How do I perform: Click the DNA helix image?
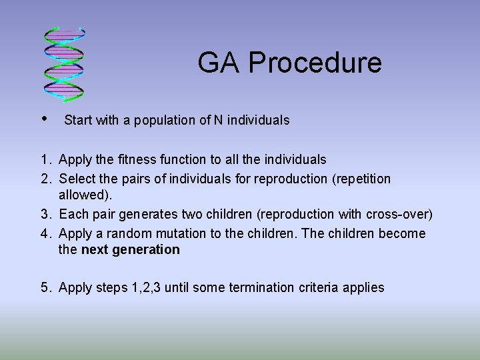point(64,65)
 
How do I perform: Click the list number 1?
point(44,160)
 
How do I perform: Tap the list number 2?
point(44,179)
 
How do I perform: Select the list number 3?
point(44,214)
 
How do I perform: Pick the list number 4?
point(44,233)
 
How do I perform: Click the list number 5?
point(44,288)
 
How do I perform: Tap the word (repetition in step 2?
point(360,179)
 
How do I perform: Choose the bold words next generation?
point(130,250)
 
